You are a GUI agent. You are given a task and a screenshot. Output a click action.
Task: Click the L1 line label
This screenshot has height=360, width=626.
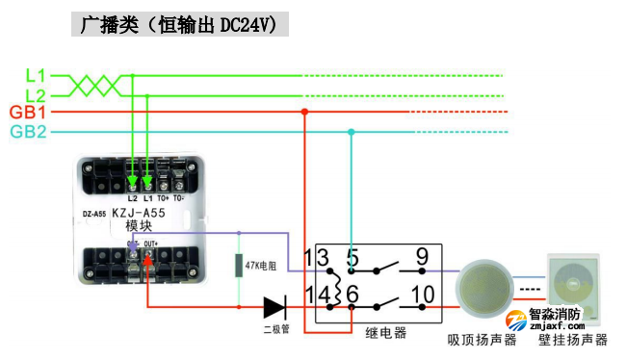[35, 74]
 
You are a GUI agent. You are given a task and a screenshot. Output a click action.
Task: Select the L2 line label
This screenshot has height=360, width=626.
[35, 94]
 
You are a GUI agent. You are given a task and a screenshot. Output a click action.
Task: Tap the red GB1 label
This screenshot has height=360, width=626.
[29, 113]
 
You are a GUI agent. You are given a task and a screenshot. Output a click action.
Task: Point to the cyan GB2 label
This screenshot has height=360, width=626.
[29, 132]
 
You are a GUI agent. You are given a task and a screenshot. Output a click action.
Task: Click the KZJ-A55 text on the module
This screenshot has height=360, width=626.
[140, 212]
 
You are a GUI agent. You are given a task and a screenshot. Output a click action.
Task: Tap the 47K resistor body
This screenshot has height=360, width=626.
[239, 266]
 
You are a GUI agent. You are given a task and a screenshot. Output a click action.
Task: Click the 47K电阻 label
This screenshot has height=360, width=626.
[262, 265]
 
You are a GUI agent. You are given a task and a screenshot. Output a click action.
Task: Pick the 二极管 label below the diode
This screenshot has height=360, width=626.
[276, 331]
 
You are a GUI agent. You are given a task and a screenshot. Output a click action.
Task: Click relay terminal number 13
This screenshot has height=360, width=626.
[318, 257]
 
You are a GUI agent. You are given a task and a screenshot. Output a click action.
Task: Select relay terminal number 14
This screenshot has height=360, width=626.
[318, 294]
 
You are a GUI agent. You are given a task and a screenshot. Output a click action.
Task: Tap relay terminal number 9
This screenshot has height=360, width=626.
[421, 257]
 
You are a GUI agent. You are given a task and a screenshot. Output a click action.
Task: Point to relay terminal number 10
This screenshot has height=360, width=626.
[423, 294]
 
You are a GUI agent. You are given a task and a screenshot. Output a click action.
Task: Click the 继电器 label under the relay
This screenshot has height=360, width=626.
[385, 333]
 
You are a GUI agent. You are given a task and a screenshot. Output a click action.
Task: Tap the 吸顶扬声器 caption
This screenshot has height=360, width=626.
[483, 340]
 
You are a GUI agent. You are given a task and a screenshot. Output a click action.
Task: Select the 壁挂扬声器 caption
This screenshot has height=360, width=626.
[573, 340]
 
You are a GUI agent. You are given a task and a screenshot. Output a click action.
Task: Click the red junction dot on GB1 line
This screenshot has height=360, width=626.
[305, 112]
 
